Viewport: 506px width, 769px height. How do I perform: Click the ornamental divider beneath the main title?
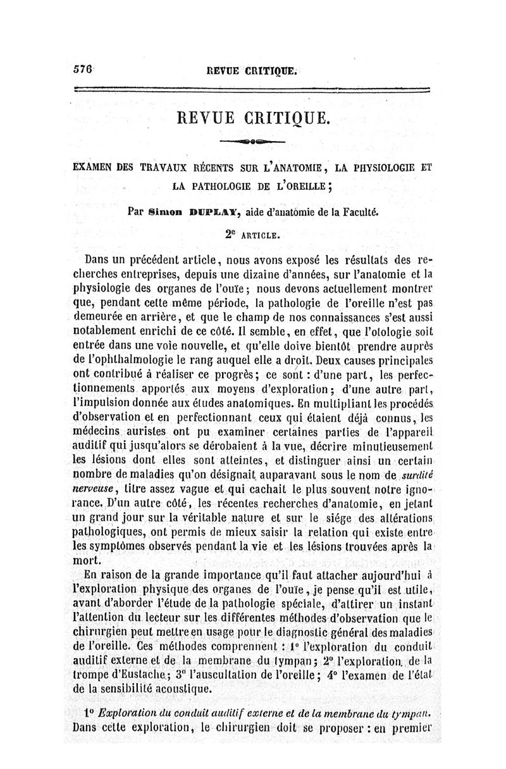[x=252, y=141]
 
